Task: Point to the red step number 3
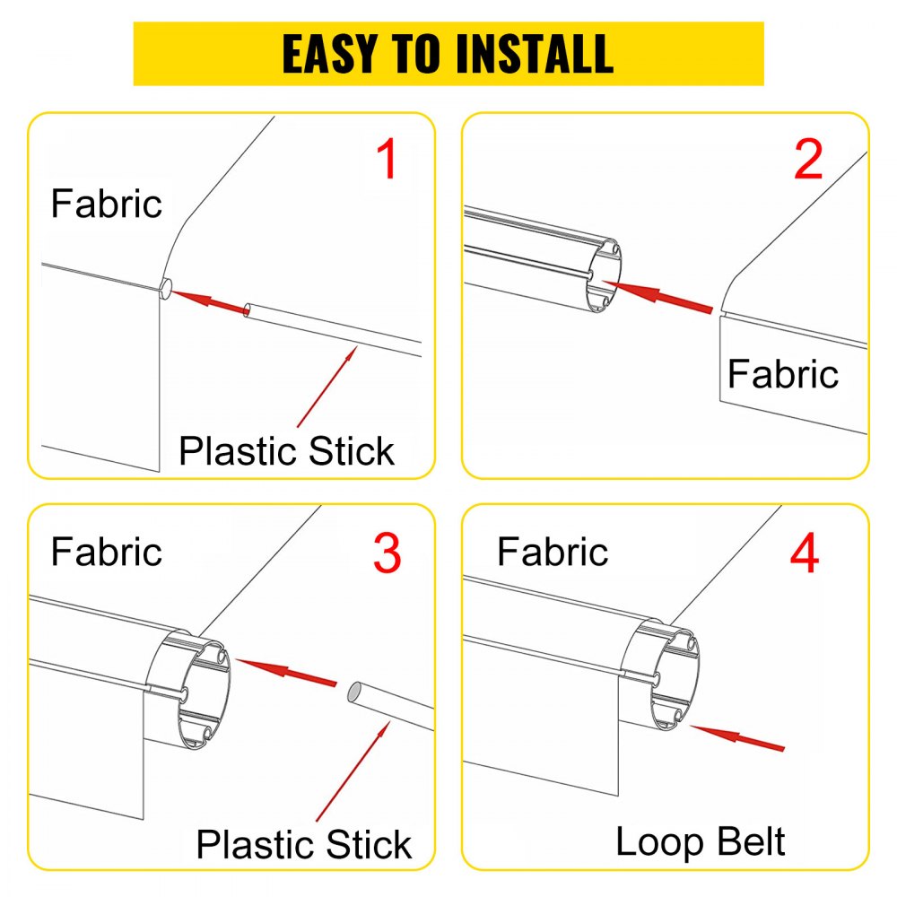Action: click(x=387, y=553)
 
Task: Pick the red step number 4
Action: click(x=804, y=553)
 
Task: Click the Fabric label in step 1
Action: click(x=107, y=205)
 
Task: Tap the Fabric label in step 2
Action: click(x=783, y=374)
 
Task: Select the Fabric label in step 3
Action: click(x=107, y=551)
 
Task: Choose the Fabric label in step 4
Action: click(x=553, y=551)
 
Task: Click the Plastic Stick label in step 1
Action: click(x=286, y=450)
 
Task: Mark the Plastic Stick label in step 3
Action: click(x=304, y=844)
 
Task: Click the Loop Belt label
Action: click(x=700, y=841)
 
